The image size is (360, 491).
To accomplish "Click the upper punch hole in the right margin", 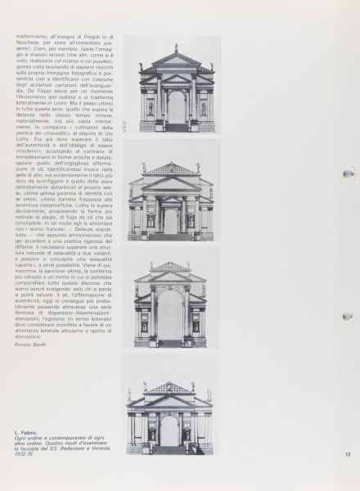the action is pyautogui.click(x=349, y=174).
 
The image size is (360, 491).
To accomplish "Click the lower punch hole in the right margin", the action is pyautogui.click(x=349, y=317).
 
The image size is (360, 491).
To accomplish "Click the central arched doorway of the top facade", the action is pyautogui.click(x=176, y=107).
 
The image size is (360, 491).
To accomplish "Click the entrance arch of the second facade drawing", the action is pyautogui.click(x=171, y=219).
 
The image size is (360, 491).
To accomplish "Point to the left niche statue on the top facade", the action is pyautogui.click(x=150, y=107).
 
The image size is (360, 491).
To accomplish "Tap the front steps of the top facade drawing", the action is pyautogui.click(x=176, y=128).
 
